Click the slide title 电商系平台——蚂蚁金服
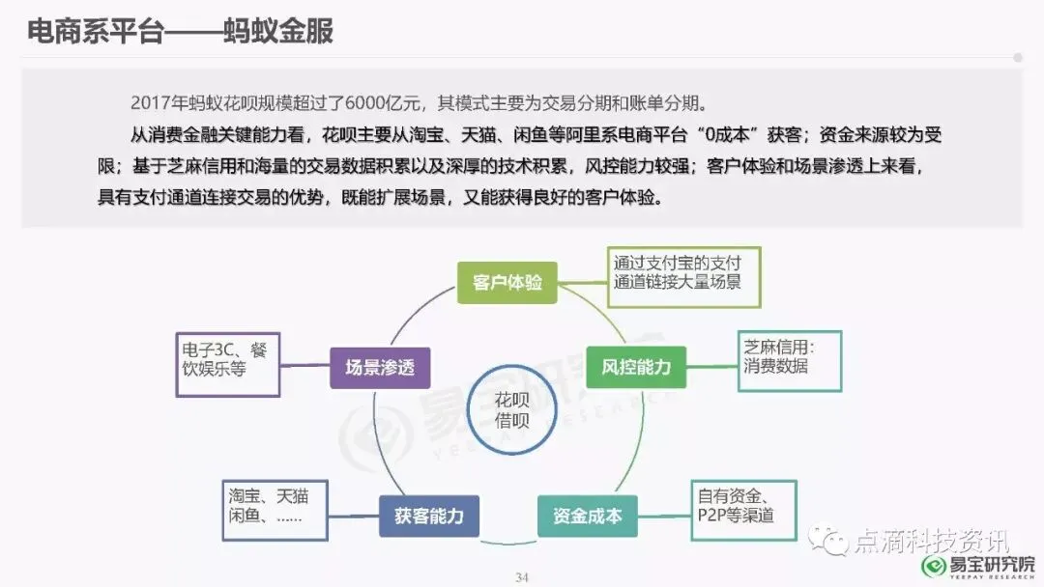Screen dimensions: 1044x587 pyautogui.click(x=180, y=32)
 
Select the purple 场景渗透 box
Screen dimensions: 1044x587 pyautogui.click(x=380, y=367)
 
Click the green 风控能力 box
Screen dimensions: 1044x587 pyautogui.click(x=635, y=367)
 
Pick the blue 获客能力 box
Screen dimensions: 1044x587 pyautogui.click(x=428, y=516)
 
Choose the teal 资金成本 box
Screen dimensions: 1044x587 pyautogui.click(x=587, y=516)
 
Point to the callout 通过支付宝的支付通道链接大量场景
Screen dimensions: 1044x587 pyautogui.click(x=684, y=271)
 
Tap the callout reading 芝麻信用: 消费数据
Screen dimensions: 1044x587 pyautogui.click(x=789, y=360)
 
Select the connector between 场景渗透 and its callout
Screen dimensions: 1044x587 pyautogui.click(x=305, y=364)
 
